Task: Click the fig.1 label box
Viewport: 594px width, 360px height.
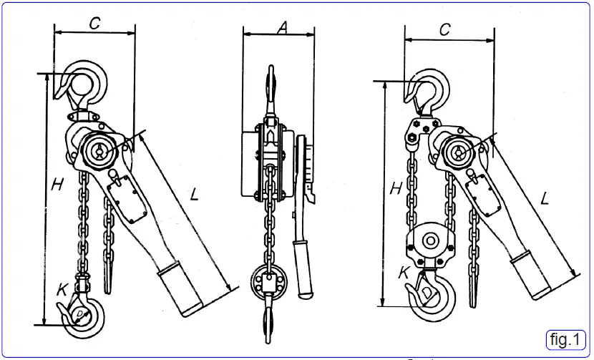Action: click(565, 339)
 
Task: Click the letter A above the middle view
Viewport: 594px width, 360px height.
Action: click(282, 26)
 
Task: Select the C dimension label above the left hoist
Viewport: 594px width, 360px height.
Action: click(94, 23)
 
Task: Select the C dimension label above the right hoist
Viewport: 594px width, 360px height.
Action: click(444, 29)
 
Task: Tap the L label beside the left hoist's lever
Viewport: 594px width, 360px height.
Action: click(194, 193)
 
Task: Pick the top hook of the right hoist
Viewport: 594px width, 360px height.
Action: click(432, 89)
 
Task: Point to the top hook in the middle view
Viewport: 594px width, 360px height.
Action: click(271, 86)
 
